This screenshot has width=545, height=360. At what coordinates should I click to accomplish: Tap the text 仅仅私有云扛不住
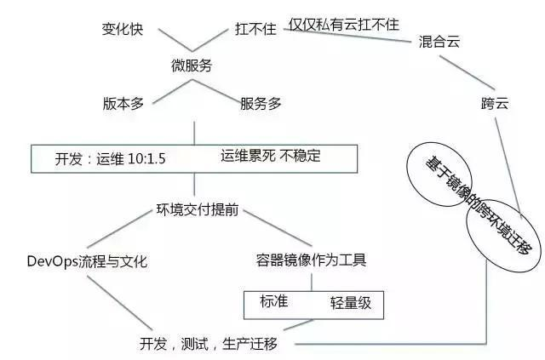(x=344, y=24)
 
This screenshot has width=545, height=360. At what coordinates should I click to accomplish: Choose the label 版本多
(x=124, y=103)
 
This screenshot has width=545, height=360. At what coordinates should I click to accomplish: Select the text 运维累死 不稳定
(x=272, y=156)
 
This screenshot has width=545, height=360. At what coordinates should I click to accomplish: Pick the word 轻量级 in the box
(x=352, y=302)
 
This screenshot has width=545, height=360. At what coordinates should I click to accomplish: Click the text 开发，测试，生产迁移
(x=208, y=344)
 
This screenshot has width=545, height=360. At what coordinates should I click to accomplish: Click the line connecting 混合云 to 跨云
(x=464, y=72)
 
